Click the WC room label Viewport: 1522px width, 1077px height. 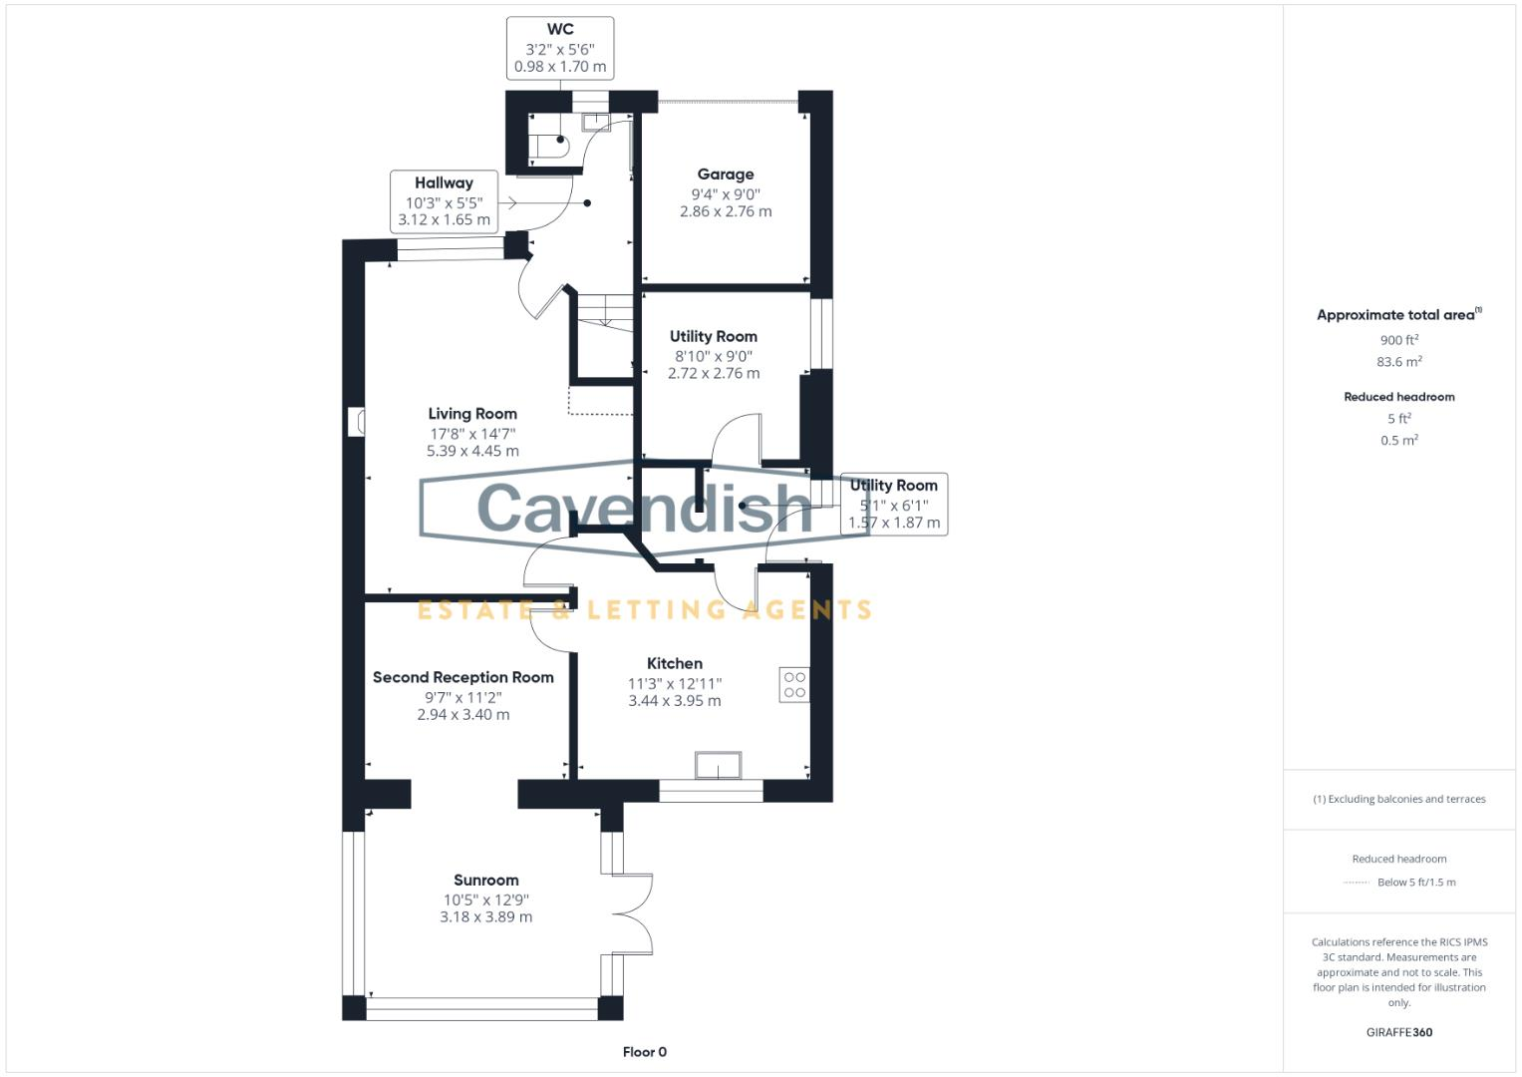(559, 30)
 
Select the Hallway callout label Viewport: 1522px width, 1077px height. (444, 183)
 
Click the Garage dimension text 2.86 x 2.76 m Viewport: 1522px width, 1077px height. (726, 211)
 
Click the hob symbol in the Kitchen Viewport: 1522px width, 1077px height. (794, 685)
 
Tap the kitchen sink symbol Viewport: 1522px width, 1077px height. (718, 765)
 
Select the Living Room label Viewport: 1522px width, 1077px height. (472, 414)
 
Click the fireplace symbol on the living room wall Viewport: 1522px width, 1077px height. (357, 421)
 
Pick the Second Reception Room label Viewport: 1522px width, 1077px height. (462, 677)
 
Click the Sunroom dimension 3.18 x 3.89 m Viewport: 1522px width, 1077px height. (485, 917)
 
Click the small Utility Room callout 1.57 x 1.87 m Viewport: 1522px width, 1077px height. (893, 523)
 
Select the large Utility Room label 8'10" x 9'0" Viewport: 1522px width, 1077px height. (713, 356)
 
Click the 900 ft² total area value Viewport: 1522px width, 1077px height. (1398, 340)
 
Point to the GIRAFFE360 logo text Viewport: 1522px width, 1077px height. (1398, 1032)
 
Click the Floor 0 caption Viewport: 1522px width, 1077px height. (644, 1052)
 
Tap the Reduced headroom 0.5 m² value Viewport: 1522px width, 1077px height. (1398, 440)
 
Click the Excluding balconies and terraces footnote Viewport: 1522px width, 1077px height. (1398, 799)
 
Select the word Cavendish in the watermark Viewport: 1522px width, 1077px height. (645, 507)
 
